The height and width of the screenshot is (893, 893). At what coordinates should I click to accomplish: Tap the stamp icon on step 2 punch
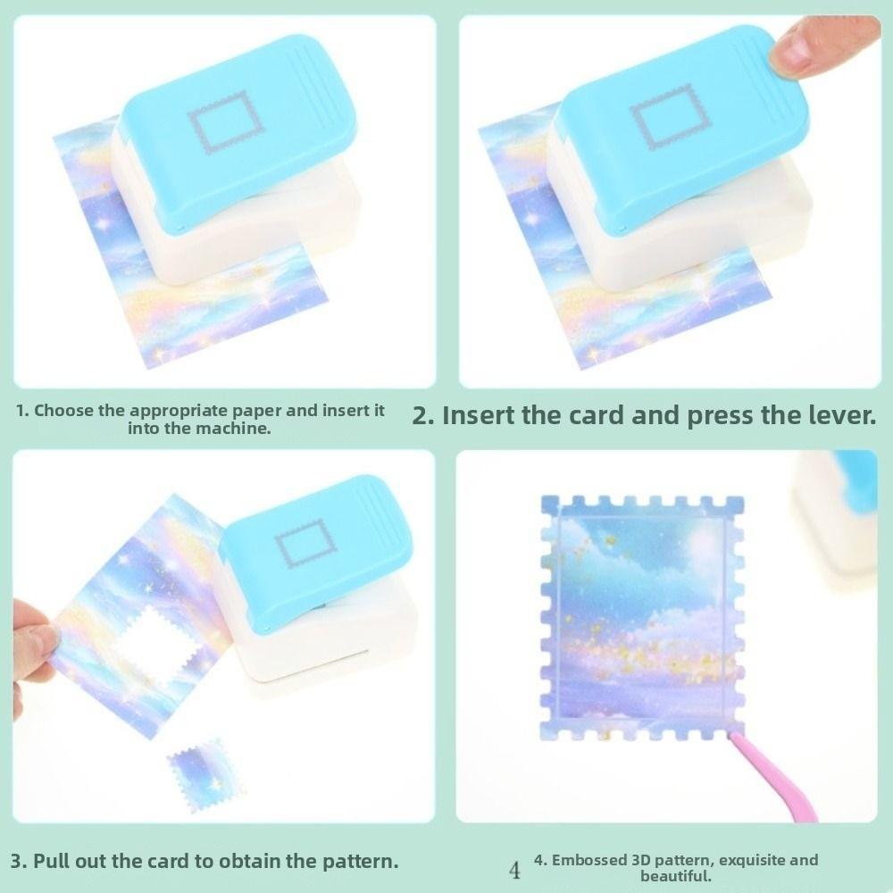tap(662, 115)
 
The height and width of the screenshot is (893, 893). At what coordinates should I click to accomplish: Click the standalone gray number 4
tap(514, 870)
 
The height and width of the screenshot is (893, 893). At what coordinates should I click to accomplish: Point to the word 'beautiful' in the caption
tap(675, 876)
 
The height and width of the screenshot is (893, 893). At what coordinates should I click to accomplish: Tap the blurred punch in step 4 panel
tap(839, 518)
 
